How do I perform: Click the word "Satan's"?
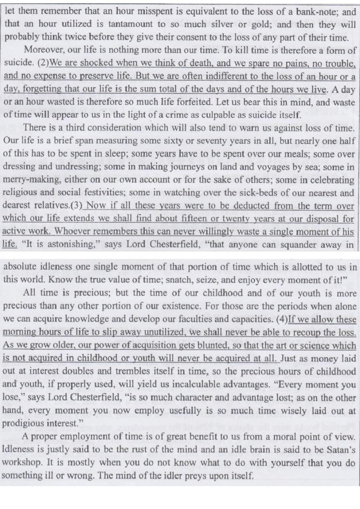pos(339,449)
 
